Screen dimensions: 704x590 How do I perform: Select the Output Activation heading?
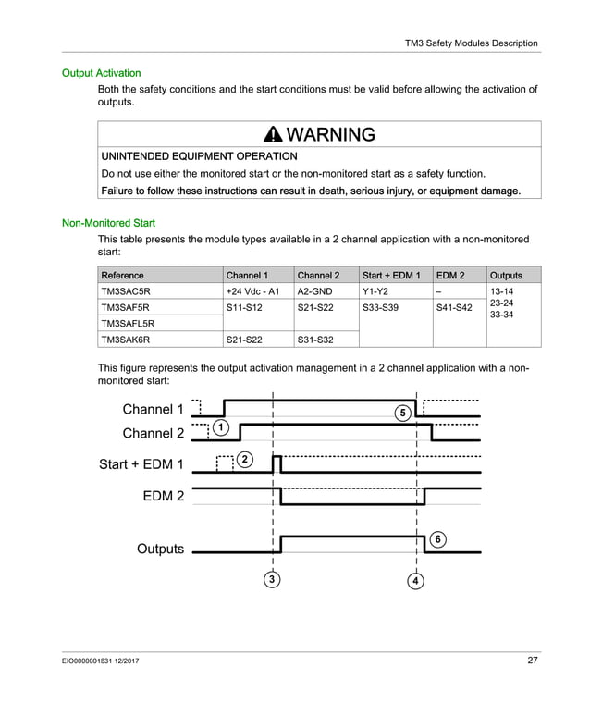pyautogui.click(x=101, y=72)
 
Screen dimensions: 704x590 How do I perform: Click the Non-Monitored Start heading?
pyautogui.click(x=108, y=223)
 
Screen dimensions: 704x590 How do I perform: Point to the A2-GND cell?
pyautogui.click(x=315, y=291)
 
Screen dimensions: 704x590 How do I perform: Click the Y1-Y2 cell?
pyautogui.click(x=375, y=291)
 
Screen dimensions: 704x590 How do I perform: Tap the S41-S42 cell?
pyautogui.click(x=454, y=307)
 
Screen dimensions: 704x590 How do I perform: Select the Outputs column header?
pyautogui.click(x=506, y=276)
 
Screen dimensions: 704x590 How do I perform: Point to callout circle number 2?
pyautogui.click(x=244, y=460)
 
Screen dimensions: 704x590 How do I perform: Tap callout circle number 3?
pyautogui.click(x=272, y=580)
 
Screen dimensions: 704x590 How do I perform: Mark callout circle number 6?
pyautogui.click(x=437, y=538)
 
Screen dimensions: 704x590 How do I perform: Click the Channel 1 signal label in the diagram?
pyautogui.click(x=154, y=409)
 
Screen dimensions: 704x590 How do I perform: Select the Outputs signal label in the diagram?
pyautogui.click(x=160, y=549)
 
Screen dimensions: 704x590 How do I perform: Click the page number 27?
pyautogui.click(x=532, y=661)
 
